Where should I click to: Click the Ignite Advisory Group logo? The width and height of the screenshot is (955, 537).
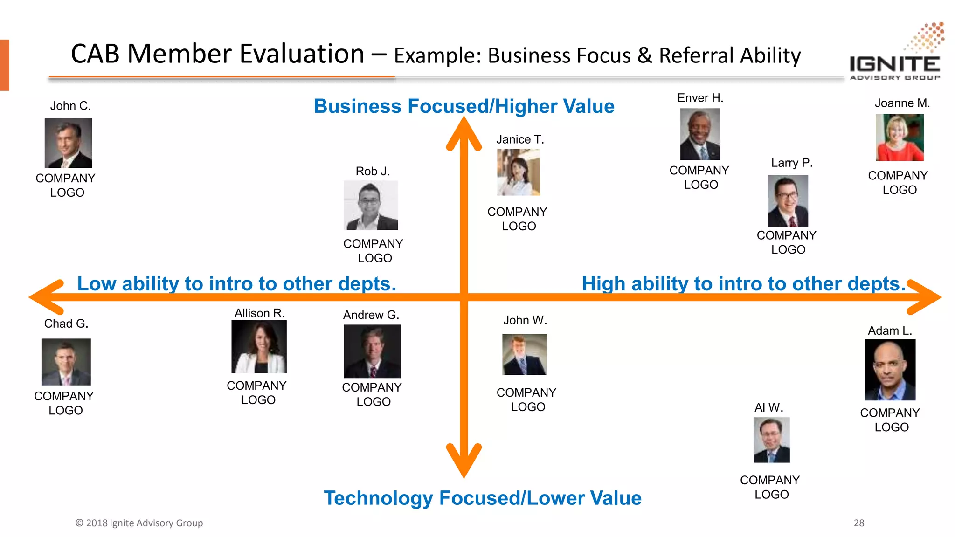coord(896,54)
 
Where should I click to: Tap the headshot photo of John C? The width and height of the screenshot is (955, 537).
coord(68,143)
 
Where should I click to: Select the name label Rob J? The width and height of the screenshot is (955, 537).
coord(372,171)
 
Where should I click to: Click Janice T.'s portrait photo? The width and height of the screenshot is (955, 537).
coord(519,172)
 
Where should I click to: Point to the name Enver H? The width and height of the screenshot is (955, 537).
coord(700,98)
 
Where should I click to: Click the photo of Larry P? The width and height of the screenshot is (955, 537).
coord(788,201)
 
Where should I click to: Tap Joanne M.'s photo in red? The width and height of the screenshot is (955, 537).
coord(900,138)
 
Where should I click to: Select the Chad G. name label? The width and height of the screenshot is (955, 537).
coord(66,324)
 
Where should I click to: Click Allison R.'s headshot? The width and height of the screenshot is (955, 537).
coord(259,347)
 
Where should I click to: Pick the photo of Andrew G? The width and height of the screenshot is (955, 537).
coord(372,351)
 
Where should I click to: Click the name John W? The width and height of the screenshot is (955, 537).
coord(525,320)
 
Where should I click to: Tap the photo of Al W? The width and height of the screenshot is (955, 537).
coord(772,440)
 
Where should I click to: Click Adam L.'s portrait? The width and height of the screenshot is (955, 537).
coord(890,370)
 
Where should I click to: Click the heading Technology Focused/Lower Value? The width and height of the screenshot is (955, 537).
coord(483,498)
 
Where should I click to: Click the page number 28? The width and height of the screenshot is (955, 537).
coord(859,523)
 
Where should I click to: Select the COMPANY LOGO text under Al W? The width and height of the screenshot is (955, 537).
coord(770,487)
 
